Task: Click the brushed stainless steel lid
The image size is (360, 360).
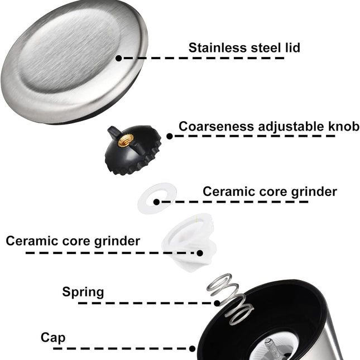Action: (74, 62)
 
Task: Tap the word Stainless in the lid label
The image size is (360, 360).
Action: (218, 48)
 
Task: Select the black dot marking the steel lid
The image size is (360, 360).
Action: (118, 58)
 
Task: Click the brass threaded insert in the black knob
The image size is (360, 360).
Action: (126, 141)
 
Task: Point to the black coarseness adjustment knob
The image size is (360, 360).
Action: (133, 150)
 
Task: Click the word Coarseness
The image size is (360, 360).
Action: (216, 127)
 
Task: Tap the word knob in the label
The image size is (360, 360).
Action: (344, 126)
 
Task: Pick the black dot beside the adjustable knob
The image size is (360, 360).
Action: (170, 136)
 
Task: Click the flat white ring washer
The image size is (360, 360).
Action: (157, 198)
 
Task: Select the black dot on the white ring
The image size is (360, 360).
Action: (157, 202)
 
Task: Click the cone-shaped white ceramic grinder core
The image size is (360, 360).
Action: (190, 242)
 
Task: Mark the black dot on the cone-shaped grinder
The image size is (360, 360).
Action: (200, 253)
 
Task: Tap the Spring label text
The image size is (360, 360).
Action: (83, 292)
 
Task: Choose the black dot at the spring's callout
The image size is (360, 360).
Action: (217, 303)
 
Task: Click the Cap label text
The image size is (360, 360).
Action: (53, 338)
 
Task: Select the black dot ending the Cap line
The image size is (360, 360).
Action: (193, 348)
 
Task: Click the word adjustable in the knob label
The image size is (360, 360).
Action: (291, 127)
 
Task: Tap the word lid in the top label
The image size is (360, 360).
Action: (292, 48)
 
